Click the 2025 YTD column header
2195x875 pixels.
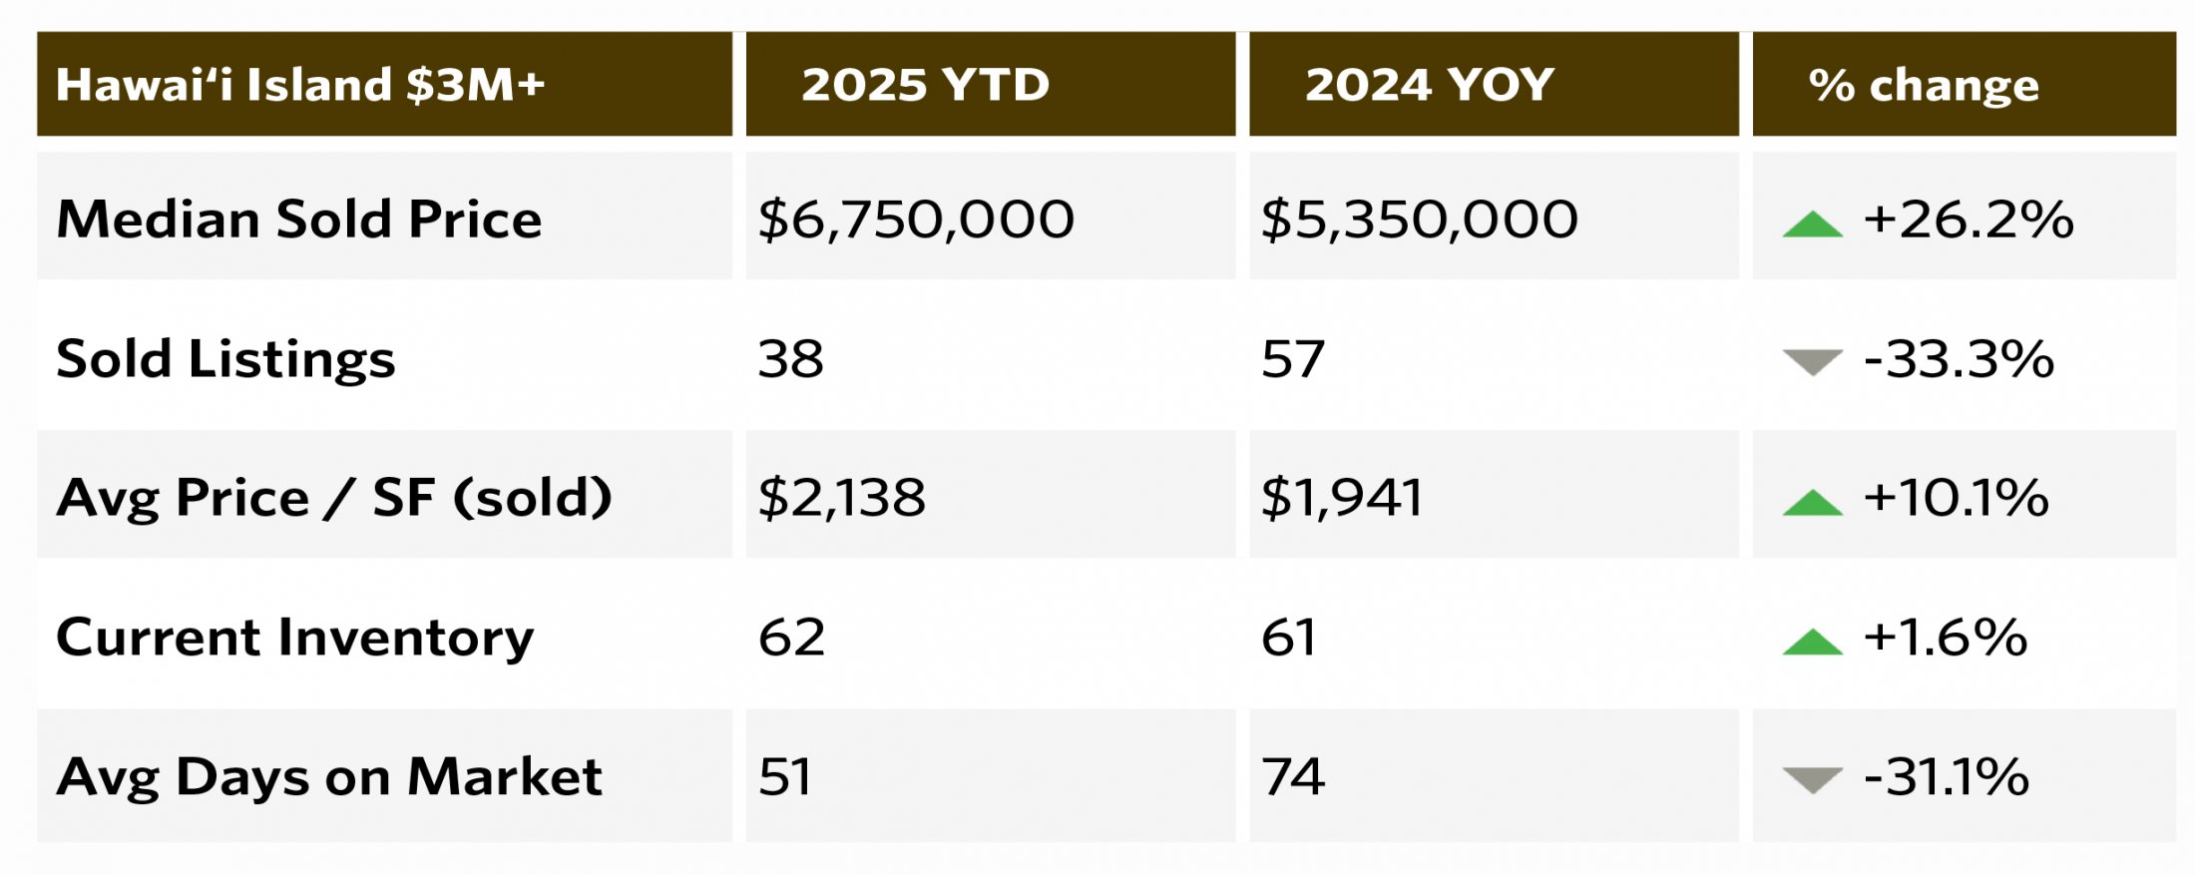click(925, 85)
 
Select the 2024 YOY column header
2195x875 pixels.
click(1429, 85)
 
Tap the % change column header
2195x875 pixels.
click(1923, 86)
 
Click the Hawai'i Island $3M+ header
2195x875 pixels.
click(300, 85)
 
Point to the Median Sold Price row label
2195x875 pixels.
click(298, 219)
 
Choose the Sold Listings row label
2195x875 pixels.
click(225, 359)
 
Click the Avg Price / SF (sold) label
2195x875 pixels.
click(333, 497)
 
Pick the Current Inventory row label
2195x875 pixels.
click(294, 637)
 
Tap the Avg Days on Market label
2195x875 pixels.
click(328, 776)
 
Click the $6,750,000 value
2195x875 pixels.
click(915, 219)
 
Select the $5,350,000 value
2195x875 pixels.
click(1419, 219)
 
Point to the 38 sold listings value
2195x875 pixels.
click(790, 359)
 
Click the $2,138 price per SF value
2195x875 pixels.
click(841, 497)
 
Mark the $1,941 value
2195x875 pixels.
click(1341, 497)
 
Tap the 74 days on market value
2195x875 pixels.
click(1292, 776)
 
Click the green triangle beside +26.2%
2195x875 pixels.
click(1812, 224)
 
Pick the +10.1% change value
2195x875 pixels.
click(1956, 497)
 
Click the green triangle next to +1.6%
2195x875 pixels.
click(1812, 643)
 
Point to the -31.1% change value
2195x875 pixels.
click(1946, 776)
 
